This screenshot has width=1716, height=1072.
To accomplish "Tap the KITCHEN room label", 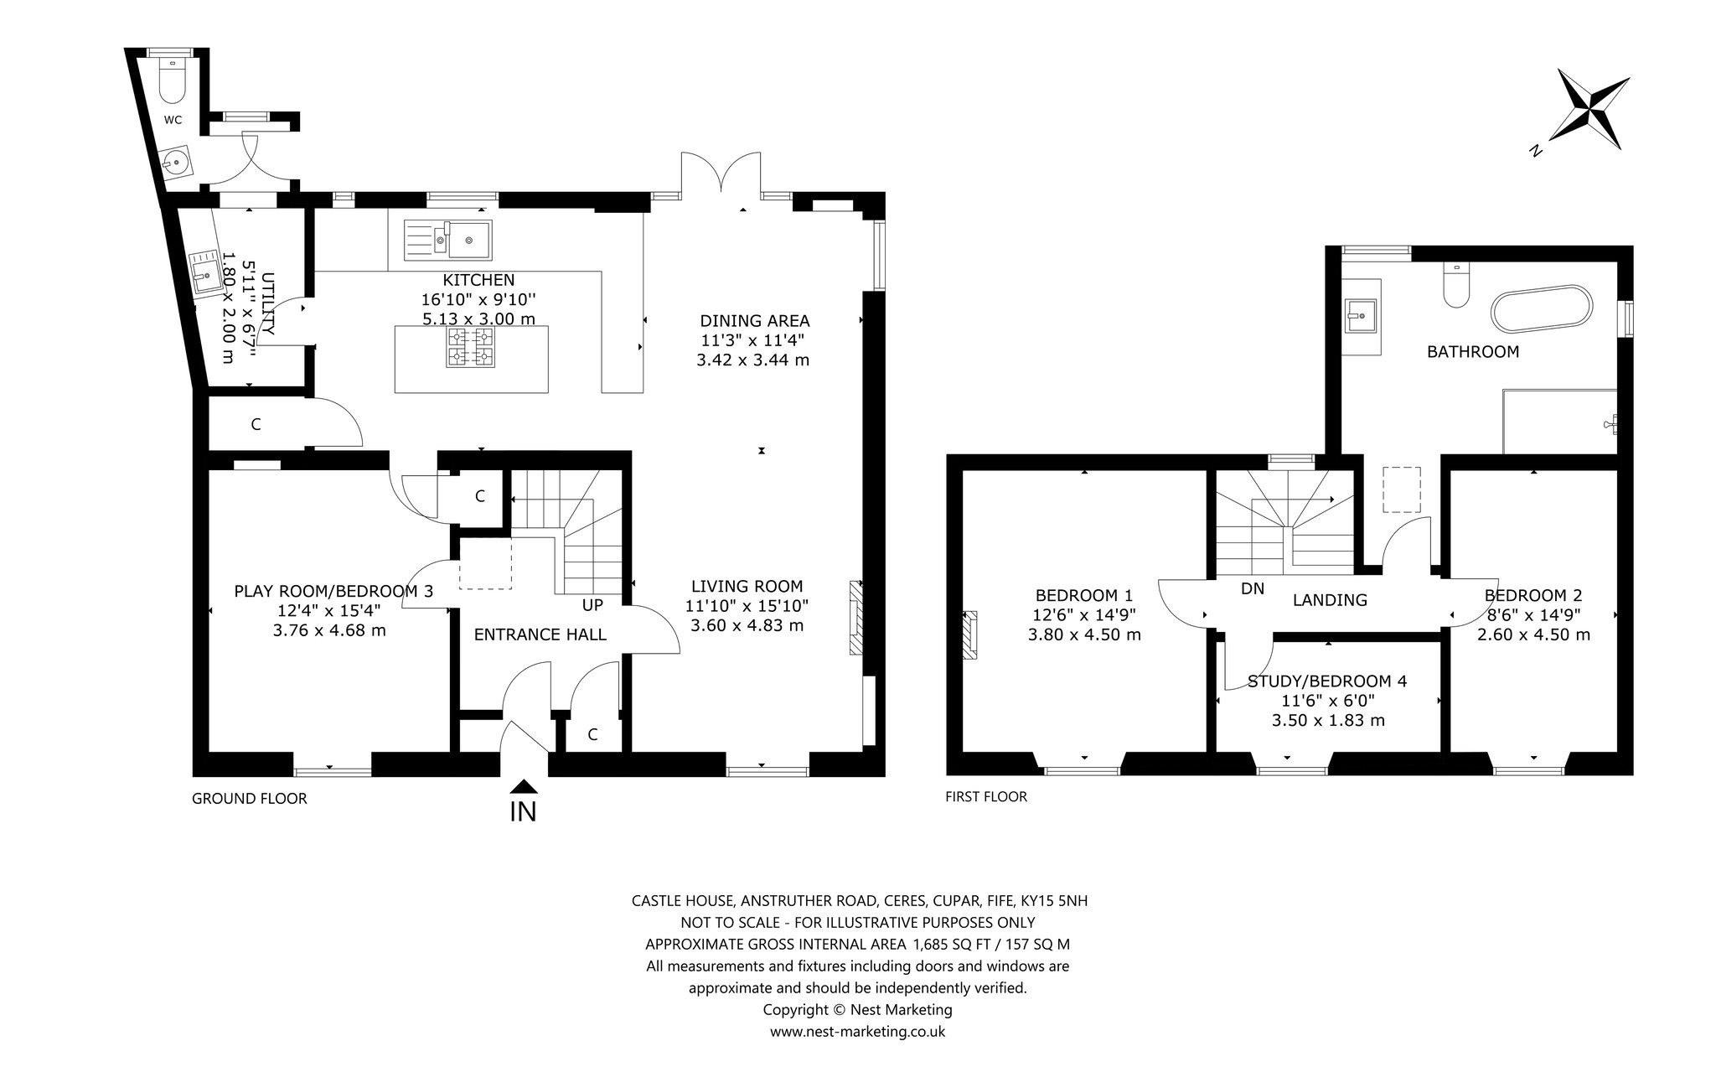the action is (x=479, y=280).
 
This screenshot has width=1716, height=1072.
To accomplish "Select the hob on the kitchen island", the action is (x=471, y=347).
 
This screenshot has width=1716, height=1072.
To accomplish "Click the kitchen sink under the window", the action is (x=447, y=239).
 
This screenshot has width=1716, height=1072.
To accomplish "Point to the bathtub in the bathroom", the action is (x=1543, y=315).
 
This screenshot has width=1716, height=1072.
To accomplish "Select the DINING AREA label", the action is (x=755, y=320).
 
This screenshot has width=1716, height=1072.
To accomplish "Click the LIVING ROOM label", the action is (x=747, y=587).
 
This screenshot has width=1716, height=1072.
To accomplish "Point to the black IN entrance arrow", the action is (x=523, y=786).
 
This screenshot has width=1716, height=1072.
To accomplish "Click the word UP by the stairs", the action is (x=592, y=604).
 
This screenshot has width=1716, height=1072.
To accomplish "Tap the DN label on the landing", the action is (x=1253, y=588).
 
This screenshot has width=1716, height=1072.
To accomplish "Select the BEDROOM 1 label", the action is (x=1084, y=596).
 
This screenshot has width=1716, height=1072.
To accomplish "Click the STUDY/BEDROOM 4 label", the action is (x=1327, y=681).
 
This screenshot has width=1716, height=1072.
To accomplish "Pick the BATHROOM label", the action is (x=1473, y=352).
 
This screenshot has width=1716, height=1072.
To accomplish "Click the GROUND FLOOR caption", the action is (x=250, y=799).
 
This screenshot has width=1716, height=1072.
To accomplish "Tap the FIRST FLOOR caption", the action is (x=986, y=796).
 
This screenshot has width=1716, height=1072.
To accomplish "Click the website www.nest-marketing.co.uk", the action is (x=857, y=1032).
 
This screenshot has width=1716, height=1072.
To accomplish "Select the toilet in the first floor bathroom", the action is (x=1457, y=285).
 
